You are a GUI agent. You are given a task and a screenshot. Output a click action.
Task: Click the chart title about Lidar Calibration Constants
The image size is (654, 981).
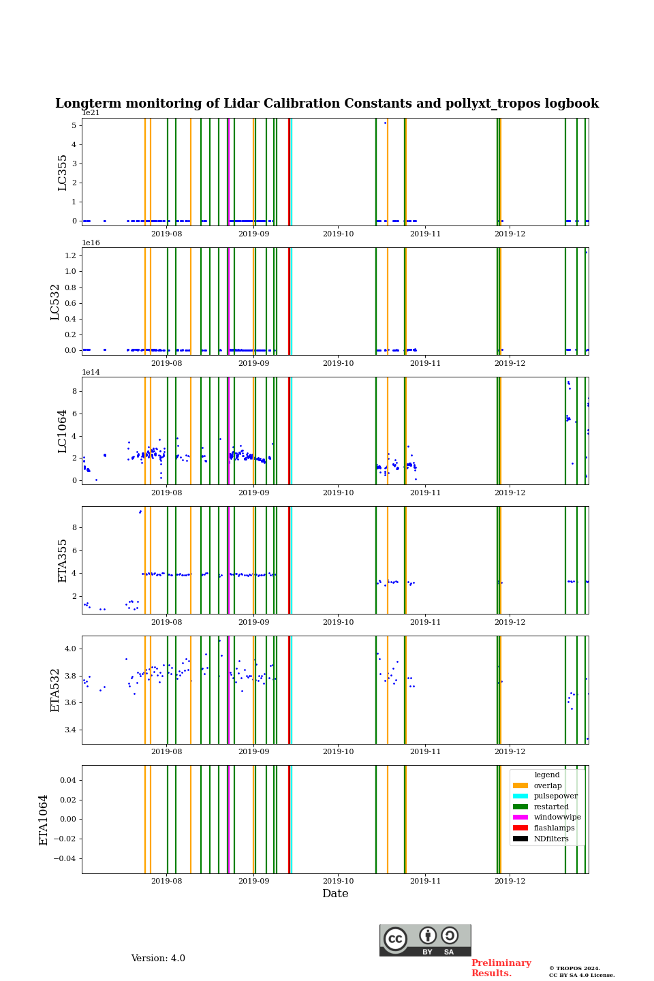327,104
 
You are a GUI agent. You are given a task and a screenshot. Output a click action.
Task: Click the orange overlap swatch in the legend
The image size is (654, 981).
520,785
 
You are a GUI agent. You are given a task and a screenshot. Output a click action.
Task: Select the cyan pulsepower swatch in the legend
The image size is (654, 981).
520,796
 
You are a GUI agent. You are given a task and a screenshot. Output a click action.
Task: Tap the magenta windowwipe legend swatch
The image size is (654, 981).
520,817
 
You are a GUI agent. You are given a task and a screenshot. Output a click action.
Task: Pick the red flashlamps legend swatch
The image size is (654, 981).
520,828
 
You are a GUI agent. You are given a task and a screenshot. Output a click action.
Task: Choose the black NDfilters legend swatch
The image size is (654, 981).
520,839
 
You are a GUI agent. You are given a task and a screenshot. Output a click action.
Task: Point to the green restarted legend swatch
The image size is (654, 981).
520,807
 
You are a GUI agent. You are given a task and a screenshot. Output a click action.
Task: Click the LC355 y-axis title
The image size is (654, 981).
63,172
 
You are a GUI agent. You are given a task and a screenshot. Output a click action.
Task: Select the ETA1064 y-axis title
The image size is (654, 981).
44,820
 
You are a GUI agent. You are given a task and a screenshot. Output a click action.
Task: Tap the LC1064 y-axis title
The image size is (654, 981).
63,431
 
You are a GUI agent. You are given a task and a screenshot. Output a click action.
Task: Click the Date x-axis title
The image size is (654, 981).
335,894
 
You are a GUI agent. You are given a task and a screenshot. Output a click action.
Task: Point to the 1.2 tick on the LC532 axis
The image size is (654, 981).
70,255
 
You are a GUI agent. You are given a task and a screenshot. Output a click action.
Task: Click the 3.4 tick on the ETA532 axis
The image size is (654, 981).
70,730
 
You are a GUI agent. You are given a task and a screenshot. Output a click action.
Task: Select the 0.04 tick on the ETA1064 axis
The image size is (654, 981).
67,780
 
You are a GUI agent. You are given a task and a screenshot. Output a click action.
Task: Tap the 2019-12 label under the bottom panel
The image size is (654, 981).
510,881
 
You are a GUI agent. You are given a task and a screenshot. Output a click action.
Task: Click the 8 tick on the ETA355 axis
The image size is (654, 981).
74,527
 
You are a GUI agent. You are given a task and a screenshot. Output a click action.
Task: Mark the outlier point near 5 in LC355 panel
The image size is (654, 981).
385,123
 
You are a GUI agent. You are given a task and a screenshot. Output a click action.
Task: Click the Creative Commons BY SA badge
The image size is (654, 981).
425,940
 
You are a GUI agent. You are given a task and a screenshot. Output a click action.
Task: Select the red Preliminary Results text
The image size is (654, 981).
501,968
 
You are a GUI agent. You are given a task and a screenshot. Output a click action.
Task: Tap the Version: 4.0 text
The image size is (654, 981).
158,959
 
